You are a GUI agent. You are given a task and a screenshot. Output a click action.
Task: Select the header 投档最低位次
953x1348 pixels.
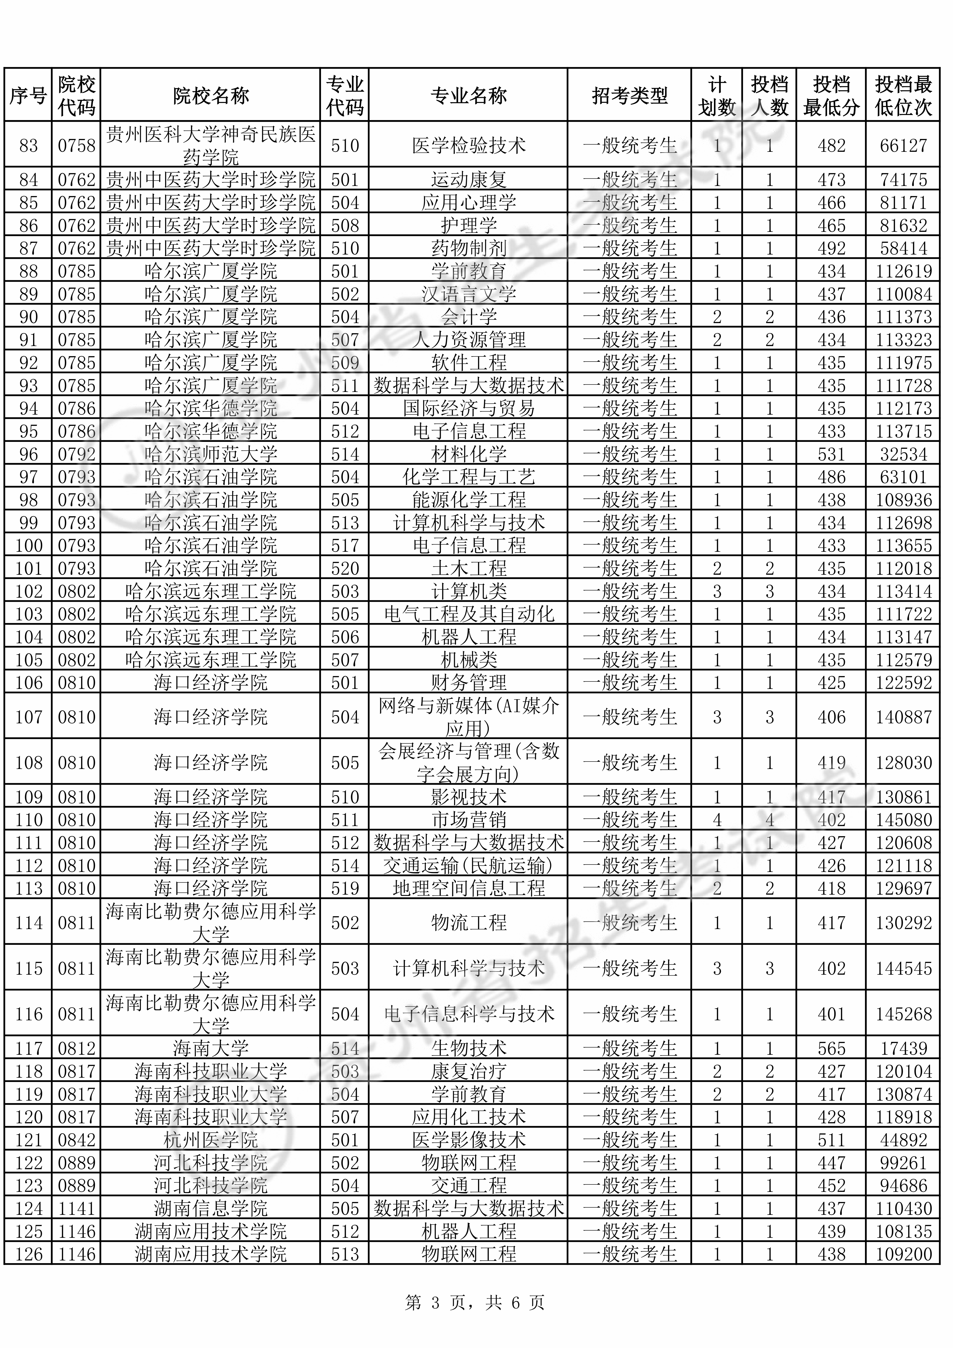(903, 96)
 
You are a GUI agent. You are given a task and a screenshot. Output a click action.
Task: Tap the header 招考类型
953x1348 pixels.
(629, 96)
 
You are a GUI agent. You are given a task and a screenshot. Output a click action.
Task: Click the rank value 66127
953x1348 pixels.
(903, 146)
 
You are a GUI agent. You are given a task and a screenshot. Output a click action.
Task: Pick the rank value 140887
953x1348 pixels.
(903, 717)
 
